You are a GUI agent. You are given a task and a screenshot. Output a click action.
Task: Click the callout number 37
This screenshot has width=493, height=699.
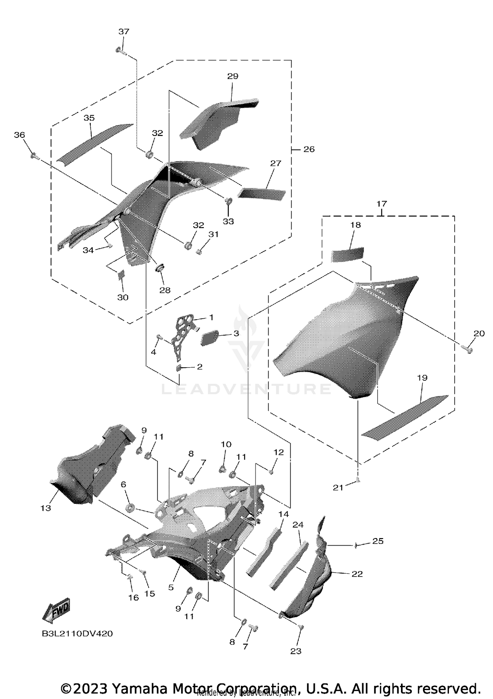(x=124, y=32)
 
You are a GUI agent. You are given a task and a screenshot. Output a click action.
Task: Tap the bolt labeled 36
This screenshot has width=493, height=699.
(x=33, y=155)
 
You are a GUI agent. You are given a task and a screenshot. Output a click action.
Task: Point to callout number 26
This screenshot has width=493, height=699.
(x=309, y=149)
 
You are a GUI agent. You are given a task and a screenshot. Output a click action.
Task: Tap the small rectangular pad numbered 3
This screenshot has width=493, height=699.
(x=209, y=338)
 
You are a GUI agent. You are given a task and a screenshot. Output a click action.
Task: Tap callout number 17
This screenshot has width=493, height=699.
(x=382, y=204)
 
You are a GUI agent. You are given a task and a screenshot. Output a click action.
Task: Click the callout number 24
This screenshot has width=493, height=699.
(x=298, y=525)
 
